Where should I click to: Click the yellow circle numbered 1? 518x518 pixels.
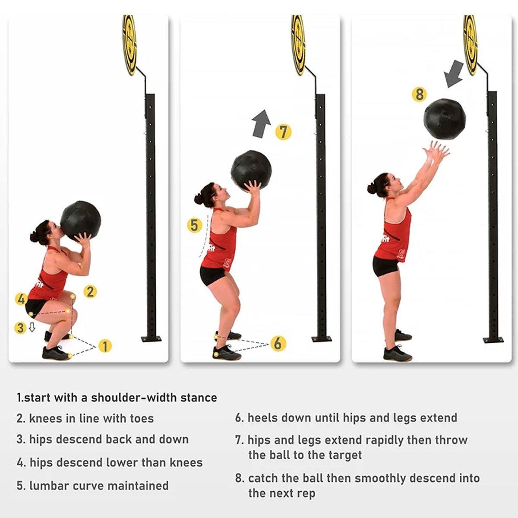105,346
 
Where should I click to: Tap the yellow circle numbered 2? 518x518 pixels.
90,292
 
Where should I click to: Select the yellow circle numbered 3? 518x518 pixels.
20,328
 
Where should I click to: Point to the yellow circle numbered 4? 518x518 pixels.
21,299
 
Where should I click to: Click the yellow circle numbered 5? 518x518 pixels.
194,225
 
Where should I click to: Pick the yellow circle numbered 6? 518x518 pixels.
278,343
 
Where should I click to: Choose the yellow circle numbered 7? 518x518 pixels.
283,132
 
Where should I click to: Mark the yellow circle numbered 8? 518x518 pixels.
419,94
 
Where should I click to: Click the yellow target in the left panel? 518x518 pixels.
129,45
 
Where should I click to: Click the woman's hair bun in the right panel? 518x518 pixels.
371,189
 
